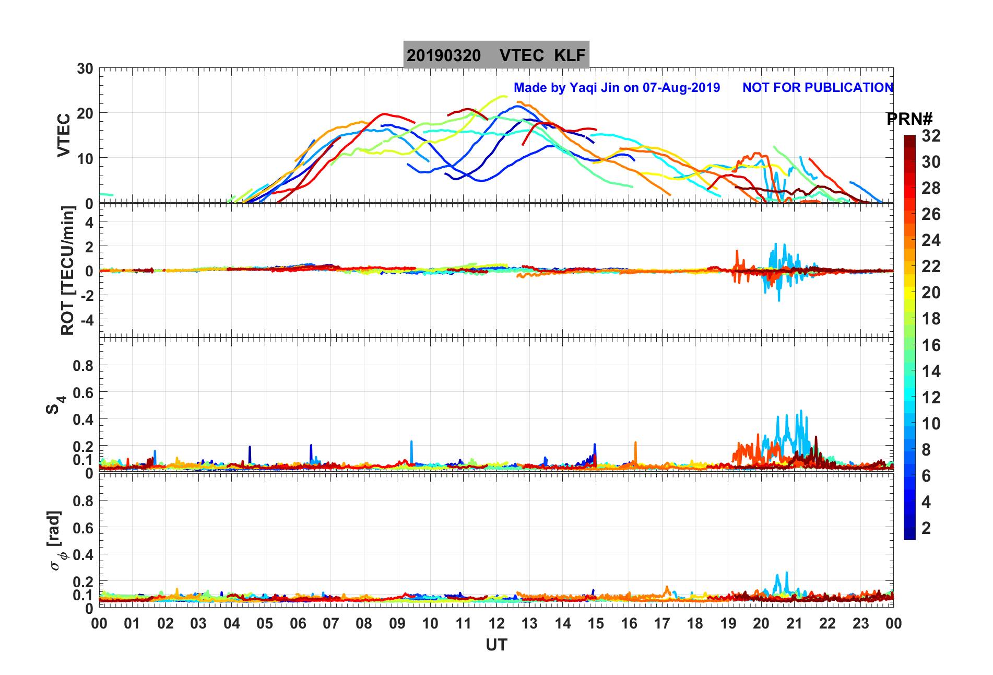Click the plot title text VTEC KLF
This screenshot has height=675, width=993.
pyautogui.click(x=542, y=55)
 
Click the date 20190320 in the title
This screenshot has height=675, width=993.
pyautogui.click(x=444, y=55)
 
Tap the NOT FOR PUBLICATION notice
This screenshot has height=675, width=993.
pyautogui.click(x=818, y=88)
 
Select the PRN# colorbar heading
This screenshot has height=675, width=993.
pyautogui.click(x=909, y=119)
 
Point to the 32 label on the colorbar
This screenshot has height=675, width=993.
pyautogui.click(x=931, y=136)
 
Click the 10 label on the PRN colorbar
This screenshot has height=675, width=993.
pyautogui.click(x=931, y=423)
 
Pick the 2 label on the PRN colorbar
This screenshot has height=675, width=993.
pyautogui.click(x=926, y=528)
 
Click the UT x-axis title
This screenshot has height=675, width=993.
pyautogui.click(x=496, y=645)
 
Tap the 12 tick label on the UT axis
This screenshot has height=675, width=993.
pyautogui.click(x=496, y=623)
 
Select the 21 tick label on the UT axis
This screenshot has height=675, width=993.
pyautogui.click(x=794, y=623)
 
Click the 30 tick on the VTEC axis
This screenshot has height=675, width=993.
pyautogui.click(x=85, y=69)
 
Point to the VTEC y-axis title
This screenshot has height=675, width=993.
pyautogui.click(x=64, y=135)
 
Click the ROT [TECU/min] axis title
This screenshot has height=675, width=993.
pyautogui.click(x=68, y=270)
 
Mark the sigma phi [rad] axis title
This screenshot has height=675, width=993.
pyautogui.click(x=56, y=541)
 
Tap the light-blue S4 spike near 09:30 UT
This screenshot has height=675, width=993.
pyautogui.click(x=411, y=443)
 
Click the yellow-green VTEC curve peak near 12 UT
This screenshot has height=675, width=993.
pyautogui.click(x=502, y=96)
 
